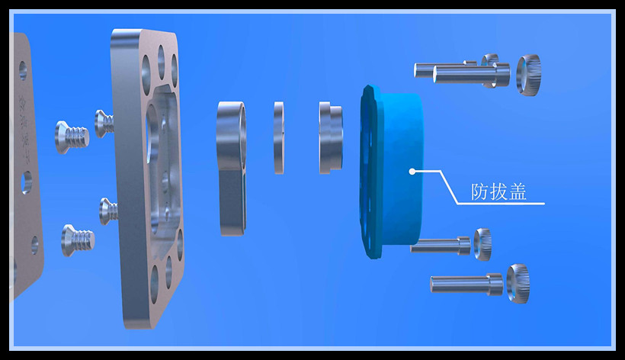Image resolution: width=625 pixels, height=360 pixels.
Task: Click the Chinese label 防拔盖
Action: [x=498, y=191]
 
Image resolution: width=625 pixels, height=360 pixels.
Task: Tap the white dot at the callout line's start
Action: [x=412, y=172]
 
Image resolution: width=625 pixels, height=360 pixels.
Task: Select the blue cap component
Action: [x=391, y=172]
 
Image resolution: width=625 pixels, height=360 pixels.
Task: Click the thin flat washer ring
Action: [x=279, y=137]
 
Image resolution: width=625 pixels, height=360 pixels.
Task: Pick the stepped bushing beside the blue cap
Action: [x=331, y=137]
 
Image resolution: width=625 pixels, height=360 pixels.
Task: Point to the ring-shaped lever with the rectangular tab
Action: [x=232, y=168]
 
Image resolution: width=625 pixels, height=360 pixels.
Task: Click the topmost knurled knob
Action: [x=528, y=75]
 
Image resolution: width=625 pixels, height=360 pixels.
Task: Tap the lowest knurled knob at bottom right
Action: [x=518, y=284]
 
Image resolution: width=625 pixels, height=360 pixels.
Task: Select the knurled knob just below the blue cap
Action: [x=482, y=244]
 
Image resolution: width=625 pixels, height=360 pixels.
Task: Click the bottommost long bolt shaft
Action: [x=466, y=284]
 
